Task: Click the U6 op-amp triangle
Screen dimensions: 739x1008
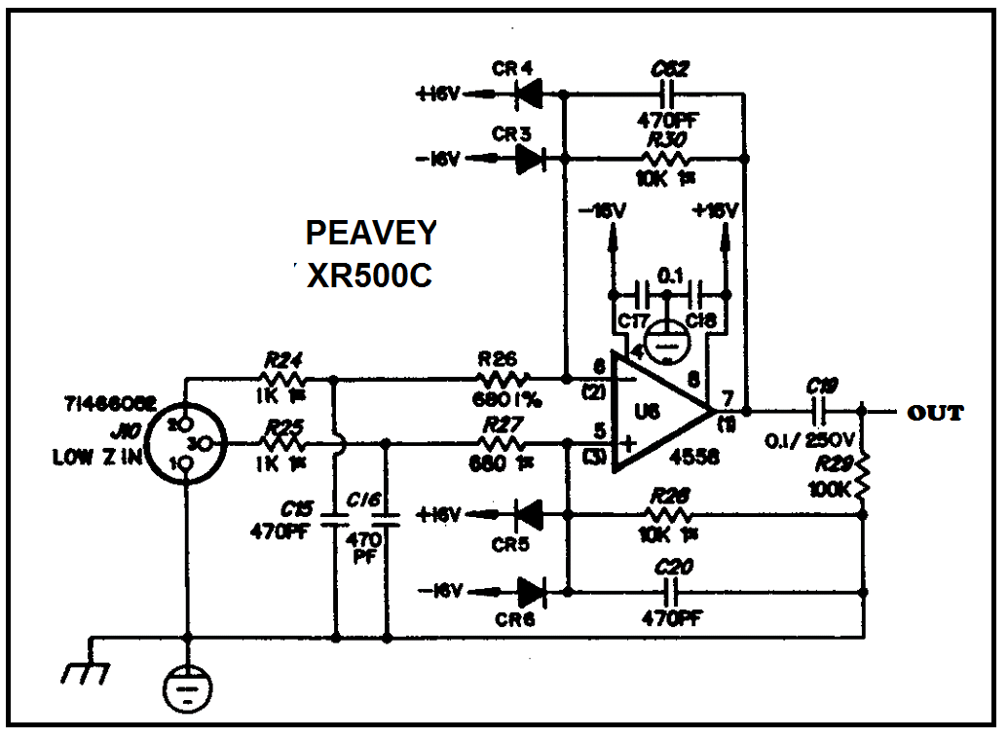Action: coord(657,411)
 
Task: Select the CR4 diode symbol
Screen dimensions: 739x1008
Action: coord(530,93)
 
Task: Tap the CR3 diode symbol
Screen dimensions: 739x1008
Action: coord(530,159)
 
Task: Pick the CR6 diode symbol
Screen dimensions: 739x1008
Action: coord(532,589)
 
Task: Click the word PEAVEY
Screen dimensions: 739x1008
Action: coord(371,234)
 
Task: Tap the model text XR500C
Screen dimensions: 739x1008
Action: coord(369,277)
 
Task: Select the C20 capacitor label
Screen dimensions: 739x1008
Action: coord(668,568)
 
